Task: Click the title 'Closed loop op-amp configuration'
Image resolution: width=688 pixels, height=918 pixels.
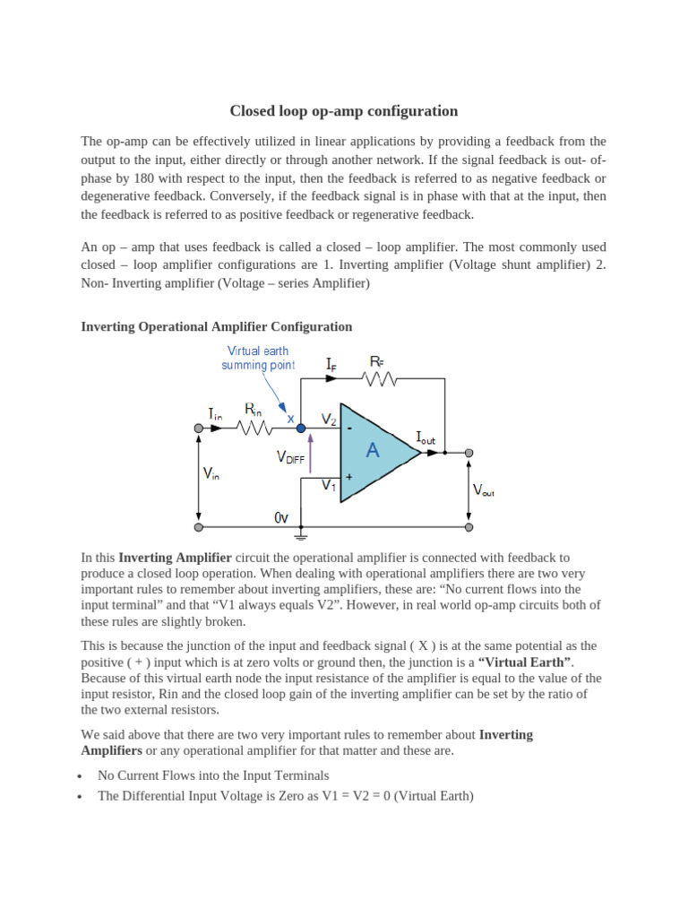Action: (x=343, y=111)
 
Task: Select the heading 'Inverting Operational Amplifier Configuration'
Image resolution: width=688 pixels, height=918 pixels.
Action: (x=217, y=326)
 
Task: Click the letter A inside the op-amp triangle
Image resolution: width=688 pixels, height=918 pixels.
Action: (x=372, y=451)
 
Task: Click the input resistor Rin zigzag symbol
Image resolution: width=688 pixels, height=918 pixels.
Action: (x=254, y=429)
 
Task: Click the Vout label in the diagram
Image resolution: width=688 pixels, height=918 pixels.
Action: (x=483, y=490)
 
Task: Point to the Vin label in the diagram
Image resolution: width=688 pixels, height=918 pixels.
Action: (x=211, y=475)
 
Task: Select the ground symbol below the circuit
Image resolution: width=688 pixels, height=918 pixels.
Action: (x=301, y=535)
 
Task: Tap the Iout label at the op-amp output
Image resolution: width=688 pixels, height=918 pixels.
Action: (x=426, y=438)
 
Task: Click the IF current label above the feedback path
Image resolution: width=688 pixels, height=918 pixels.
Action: (x=331, y=364)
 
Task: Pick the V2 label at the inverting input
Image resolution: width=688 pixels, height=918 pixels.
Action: (x=329, y=419)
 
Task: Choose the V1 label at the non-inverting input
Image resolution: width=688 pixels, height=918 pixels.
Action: (x=329, y=485)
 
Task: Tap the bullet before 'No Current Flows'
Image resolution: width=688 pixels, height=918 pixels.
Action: (x=81, y=775)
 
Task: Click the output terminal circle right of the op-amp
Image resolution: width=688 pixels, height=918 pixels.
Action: (x=469, y=453)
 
